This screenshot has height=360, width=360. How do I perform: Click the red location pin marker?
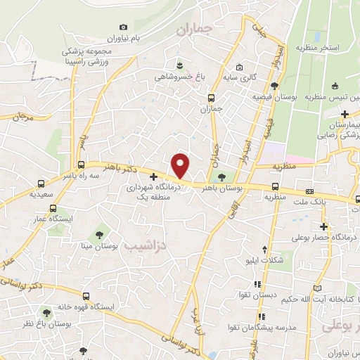(x=181, y=165)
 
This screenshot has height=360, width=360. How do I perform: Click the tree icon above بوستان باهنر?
(x=223, y=176)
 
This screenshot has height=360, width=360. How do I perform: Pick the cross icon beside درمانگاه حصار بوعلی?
(x=324, y=226)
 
